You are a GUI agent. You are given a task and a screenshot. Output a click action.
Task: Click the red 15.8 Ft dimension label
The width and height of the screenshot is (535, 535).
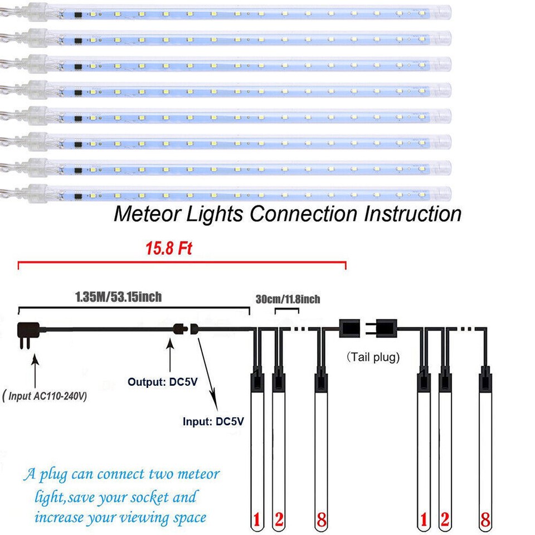[x=169, y=249]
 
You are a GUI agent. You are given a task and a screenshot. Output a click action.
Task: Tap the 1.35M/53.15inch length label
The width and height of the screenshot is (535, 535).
[x=118, y=296]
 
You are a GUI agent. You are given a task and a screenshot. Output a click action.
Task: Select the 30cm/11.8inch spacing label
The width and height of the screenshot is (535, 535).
[x=288, y=300]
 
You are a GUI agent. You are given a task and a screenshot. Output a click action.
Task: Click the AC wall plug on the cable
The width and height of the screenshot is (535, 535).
[x=28, y=334]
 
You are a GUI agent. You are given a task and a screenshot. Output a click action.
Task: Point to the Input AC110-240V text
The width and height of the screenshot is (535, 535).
[x=45, y=397]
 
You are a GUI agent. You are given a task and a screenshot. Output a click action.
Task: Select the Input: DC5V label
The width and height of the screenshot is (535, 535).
[x=213, y=421]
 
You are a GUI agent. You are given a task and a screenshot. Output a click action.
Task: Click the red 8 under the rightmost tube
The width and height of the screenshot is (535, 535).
[x=486, y=521]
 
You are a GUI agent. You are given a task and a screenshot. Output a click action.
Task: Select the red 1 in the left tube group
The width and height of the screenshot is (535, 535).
[x=256, y=521]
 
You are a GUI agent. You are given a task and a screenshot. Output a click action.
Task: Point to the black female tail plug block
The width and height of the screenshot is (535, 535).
[x=351, y=328]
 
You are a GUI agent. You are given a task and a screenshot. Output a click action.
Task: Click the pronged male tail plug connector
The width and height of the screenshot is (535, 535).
[x=385, y=328]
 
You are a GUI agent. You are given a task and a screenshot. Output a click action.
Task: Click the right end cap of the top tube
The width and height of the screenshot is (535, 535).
[x=445, y=11]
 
